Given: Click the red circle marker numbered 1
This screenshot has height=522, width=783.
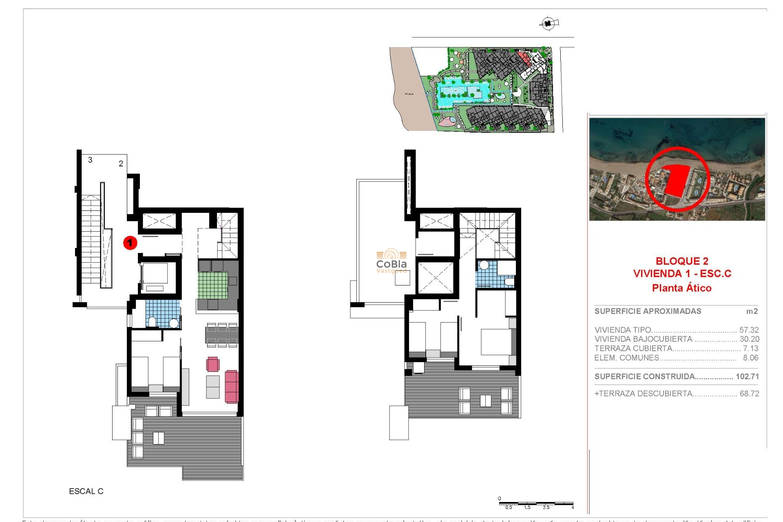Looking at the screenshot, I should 130,243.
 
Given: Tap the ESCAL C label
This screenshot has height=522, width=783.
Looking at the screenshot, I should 86,491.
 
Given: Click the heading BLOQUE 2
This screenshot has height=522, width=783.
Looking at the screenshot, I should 681,261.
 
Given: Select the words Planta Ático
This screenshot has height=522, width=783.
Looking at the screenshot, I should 681,288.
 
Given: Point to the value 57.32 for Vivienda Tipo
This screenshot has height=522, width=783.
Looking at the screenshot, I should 749,330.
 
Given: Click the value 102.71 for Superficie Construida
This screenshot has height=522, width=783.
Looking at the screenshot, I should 747,376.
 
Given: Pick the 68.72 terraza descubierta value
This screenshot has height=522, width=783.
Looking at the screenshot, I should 749,394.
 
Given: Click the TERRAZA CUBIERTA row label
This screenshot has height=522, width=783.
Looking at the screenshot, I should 633,348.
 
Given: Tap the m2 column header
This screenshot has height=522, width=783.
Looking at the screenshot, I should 752,312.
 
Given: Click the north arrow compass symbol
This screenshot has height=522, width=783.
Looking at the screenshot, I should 549,24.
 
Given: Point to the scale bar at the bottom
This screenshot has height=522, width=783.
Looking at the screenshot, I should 536,504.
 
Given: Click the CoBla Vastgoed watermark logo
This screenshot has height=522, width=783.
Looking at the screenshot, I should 391,261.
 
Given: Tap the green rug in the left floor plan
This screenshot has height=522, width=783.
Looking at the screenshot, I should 212,285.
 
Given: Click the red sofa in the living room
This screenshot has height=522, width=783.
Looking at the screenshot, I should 231,386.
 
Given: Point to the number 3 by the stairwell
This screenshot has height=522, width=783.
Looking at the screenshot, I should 90,160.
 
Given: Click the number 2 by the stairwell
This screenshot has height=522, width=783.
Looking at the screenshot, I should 121,164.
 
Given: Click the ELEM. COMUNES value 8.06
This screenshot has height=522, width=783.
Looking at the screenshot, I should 750,358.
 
